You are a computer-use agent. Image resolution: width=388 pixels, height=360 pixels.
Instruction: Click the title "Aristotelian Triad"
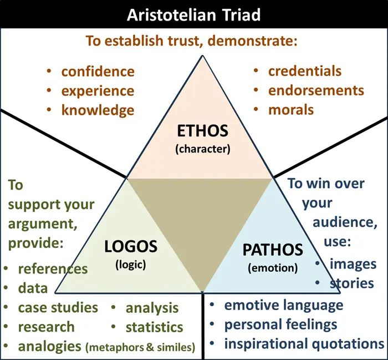click(x=193, y=15)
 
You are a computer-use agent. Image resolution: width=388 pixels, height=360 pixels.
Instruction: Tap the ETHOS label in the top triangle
click(x=203, y=131)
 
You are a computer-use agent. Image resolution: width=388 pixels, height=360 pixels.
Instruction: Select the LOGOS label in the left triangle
click(x=131, y=246)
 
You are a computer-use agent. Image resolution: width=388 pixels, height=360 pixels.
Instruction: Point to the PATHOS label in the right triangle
click(x=273, y=250)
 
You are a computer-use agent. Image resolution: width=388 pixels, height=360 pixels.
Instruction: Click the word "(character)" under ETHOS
click(x=203, y=149)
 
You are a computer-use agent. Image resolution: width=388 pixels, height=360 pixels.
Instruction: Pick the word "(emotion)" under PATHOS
click(x=273, y=268)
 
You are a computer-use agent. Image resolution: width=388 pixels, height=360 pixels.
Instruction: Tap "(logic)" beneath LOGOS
click(x=131, y=265)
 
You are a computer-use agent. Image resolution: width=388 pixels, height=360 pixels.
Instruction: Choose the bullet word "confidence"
click(x=98, y=72)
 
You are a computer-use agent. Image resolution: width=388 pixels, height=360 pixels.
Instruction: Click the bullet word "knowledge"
click(x=98, y=110)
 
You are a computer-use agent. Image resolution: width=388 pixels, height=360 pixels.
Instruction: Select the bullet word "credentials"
click(x=305, y=71)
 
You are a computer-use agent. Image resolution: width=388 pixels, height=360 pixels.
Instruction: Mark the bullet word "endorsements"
click(x=316, y=90)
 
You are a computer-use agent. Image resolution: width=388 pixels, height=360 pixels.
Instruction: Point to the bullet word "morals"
click(x=291, y=110)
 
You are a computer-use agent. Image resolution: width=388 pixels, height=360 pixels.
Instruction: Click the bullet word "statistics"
click(x=155, y=327)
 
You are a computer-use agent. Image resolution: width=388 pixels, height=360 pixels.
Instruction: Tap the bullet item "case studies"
click(x=58, y=307)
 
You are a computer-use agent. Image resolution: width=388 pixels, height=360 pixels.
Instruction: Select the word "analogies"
click(x=49, y=346)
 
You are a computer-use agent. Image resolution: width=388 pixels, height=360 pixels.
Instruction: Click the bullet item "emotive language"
click(x=284, y=305)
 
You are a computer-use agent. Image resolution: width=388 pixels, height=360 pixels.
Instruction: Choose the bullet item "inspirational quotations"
click(x=304, y=344)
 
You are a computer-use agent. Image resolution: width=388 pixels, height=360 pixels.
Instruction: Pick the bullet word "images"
click(x=353, y=264)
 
